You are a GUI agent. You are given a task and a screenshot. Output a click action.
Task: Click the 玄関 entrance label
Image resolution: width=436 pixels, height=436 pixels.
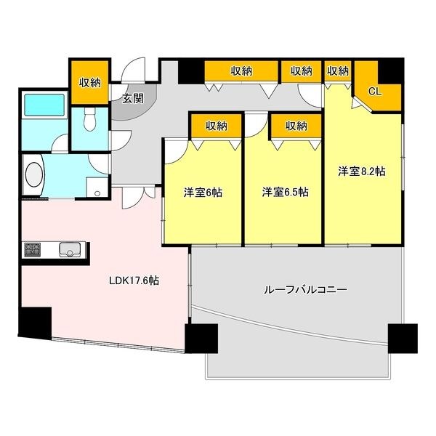coord(132,100)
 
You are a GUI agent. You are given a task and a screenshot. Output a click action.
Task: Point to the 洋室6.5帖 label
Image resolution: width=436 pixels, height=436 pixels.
coord(285,193)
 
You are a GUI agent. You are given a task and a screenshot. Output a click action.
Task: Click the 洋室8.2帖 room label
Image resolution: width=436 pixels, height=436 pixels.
coord(361,171)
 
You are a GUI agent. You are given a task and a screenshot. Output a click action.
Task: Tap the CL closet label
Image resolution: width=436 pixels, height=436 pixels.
coord(375,92)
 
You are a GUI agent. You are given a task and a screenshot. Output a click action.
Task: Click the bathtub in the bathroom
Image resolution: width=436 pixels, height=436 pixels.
coord(45,106)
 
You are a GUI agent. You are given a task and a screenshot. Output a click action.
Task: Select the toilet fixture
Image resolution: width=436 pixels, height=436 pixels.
coord(89,121)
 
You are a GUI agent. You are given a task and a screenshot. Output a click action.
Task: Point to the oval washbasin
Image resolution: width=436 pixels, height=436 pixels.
coord(33,174)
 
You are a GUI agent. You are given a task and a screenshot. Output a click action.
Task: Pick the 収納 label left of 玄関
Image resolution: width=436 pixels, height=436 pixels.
coord(90,82)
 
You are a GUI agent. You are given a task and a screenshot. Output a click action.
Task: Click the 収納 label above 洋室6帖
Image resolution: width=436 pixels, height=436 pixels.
coord(216,126)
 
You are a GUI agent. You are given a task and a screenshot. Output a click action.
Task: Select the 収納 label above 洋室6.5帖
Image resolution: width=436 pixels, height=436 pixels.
coord(296,126)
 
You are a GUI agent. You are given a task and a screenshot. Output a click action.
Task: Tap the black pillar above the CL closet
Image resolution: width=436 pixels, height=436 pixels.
coord(389,70)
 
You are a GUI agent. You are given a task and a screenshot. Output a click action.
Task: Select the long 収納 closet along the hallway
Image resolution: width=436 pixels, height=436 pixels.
coord(241,70)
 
